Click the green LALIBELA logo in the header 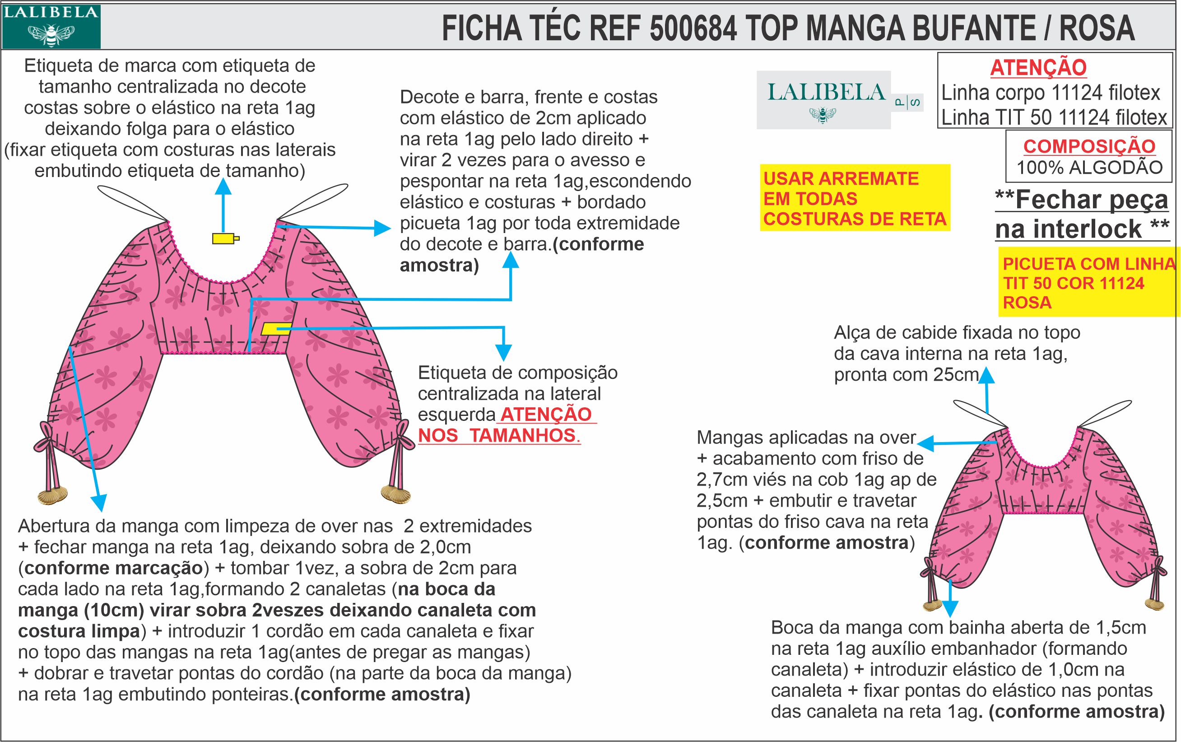[51, 27]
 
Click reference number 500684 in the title [693, 28]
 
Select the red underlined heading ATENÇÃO [1038, 68]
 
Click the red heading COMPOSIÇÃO [1089, 146]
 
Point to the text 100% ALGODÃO [1089, 168]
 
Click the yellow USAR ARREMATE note [854, 198]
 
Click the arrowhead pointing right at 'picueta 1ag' [382, 228]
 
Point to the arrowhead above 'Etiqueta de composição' [503, 352]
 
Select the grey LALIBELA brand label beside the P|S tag [823, 100]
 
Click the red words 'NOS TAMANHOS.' [499, 435]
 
